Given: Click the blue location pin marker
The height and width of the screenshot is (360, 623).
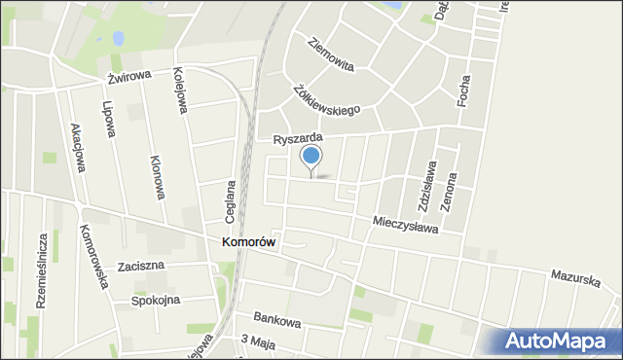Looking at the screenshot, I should [x=311, y=159].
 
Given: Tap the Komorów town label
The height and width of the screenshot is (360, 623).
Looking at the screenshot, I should [x=248, y=242].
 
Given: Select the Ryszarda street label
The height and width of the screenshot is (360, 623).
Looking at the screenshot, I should [x=298, y=140].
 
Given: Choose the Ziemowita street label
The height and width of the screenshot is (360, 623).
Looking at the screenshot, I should [x=330, y=55].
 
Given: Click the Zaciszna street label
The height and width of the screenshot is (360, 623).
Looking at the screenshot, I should [x=141, y=265].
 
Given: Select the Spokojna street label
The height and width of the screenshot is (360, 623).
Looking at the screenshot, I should [x=156, y=300].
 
